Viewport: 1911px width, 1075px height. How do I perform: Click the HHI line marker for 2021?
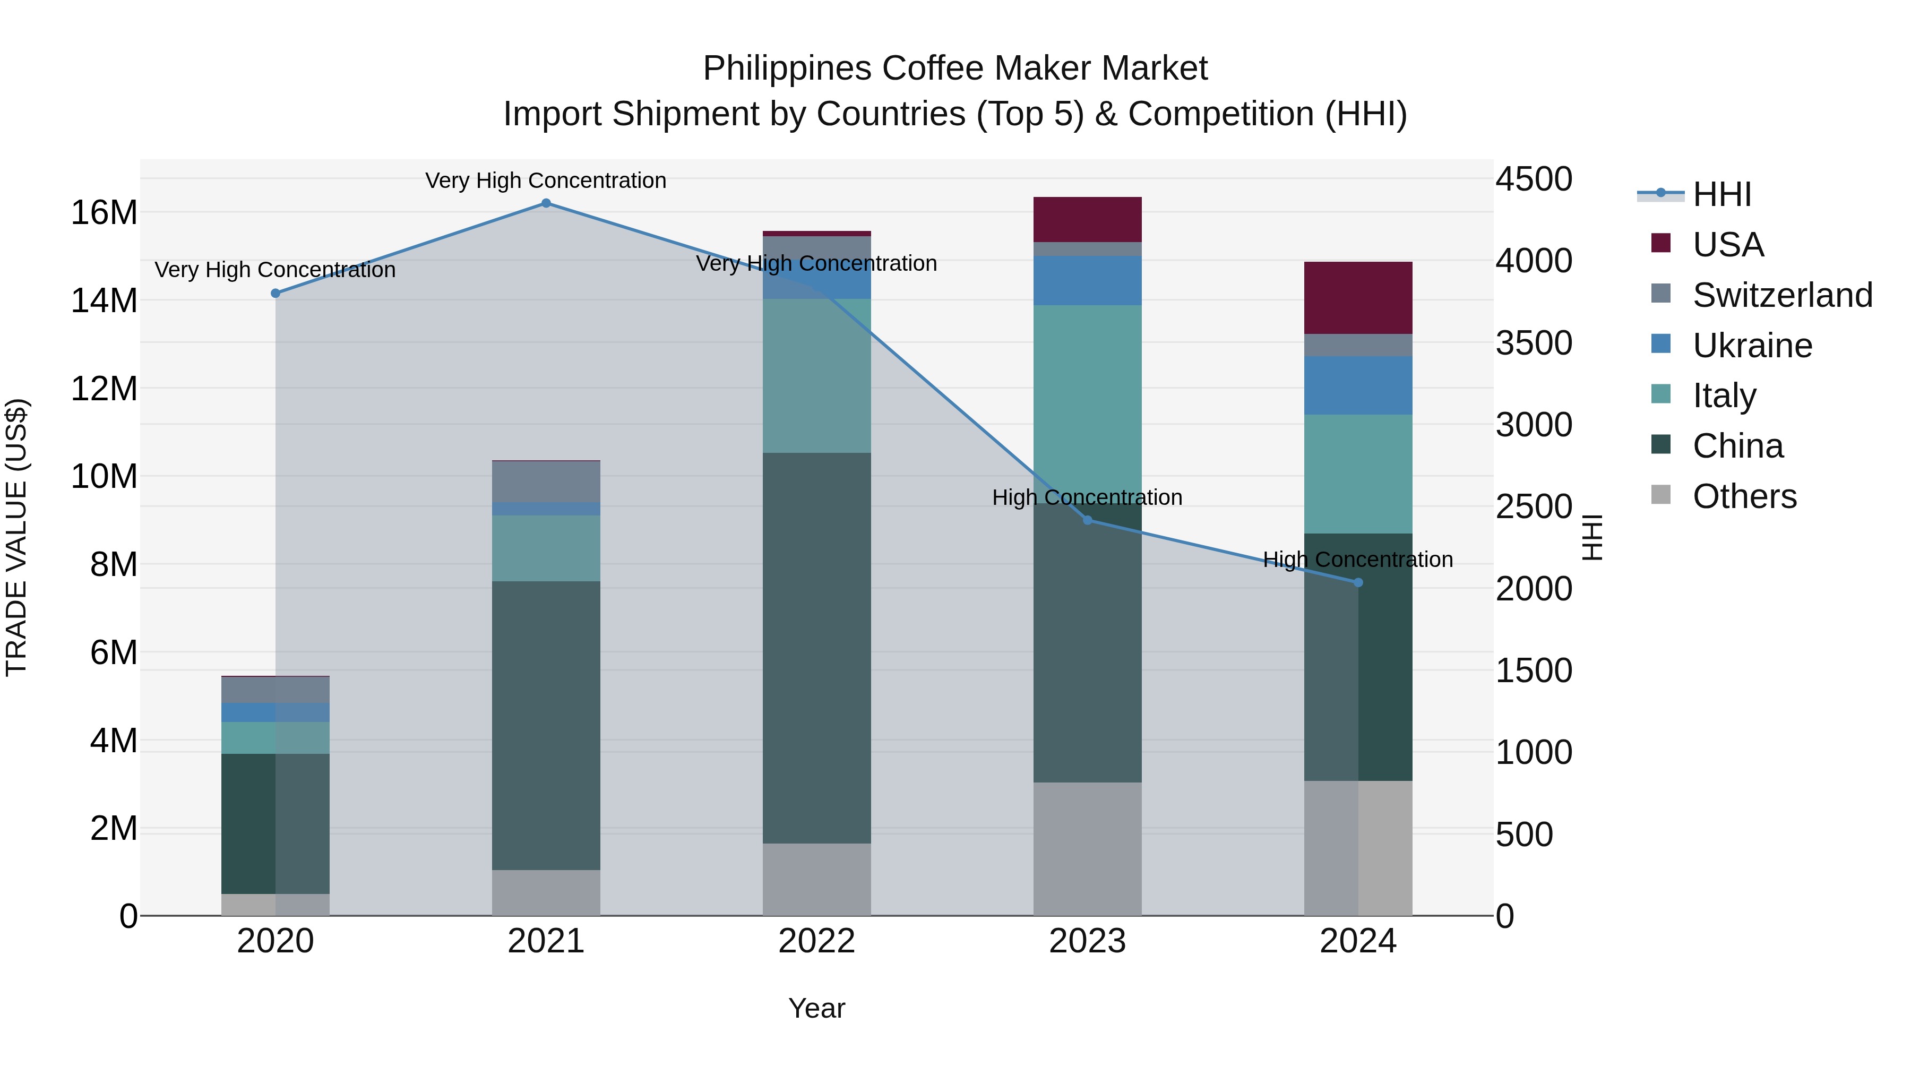(x=546, y=203)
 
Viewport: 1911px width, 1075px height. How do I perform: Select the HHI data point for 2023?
(x=1088, y=520)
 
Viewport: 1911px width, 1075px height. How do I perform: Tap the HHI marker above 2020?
(x=275, y=294)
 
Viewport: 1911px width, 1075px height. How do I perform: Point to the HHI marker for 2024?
(x=1358, y=582)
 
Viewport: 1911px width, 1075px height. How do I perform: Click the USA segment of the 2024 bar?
(x=1358, y=297)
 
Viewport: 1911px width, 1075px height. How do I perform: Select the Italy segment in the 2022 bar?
(x=817, y=375)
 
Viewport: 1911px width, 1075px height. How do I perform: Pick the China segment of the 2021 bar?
(x=546, y=725)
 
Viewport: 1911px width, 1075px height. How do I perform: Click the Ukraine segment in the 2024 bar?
(x=1358, y=385)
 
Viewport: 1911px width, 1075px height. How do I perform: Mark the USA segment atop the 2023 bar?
(x=1088, y=220)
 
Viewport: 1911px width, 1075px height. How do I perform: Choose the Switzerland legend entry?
(x=1782, y=295)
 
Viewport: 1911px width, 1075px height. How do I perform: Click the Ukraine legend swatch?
(x=1661, y=344)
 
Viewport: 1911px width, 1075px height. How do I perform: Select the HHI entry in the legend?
(x=1721, y=194)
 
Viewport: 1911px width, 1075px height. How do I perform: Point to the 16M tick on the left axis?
(x=104, y=213)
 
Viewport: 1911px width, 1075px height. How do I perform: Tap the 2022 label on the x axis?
(x=817, y=941)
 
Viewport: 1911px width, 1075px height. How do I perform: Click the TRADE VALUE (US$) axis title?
(x=17, y=537)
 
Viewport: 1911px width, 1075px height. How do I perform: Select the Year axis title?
(x=817, y=1008)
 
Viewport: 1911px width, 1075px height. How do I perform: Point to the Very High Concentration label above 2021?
(x=546, y=180)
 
